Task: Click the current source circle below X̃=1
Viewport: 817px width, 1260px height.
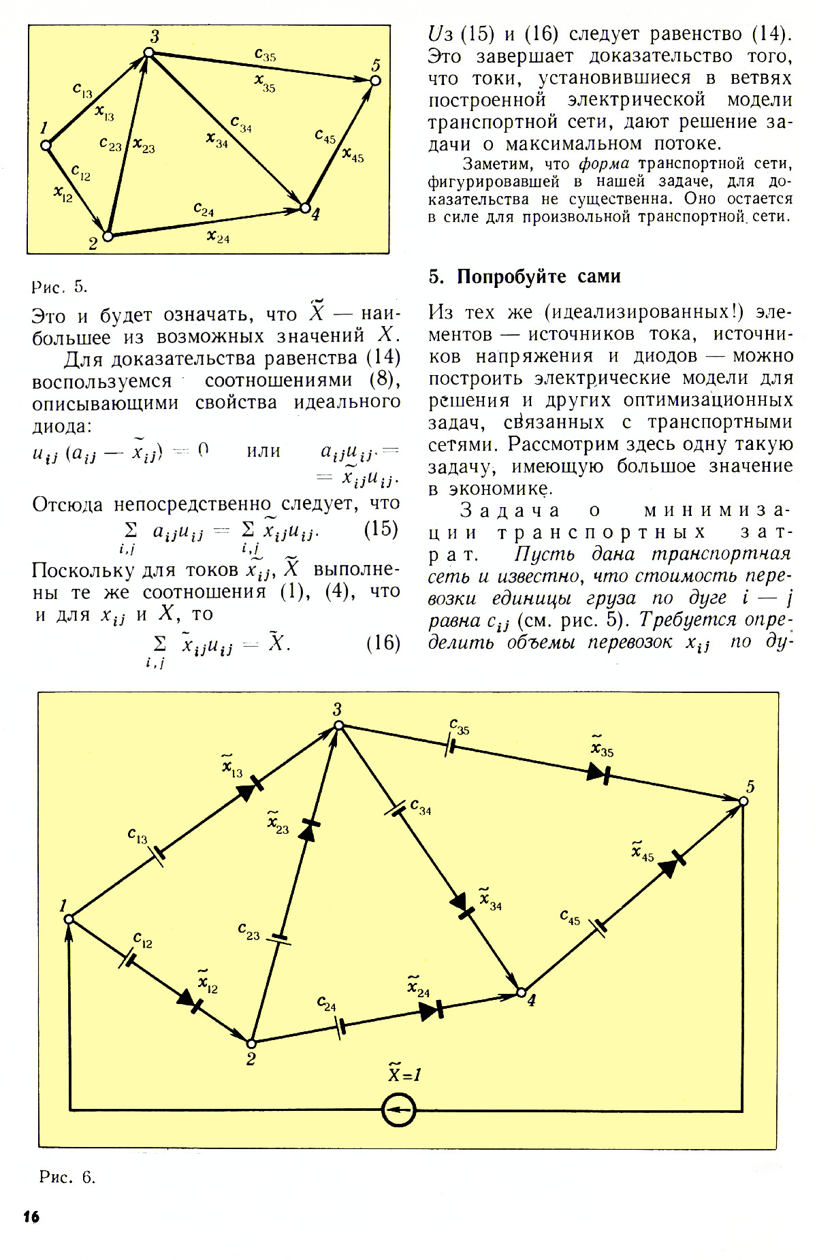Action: tap(398, 1110)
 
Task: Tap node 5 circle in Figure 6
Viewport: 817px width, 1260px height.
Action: tap(743, 802)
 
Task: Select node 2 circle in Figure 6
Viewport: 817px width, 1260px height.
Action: tap(251, 1044)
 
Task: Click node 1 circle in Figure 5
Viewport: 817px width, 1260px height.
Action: tap(46, 145)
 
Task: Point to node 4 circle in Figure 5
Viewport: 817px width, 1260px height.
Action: tap(305, 208)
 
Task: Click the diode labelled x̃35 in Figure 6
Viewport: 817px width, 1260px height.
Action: tap(598, 773)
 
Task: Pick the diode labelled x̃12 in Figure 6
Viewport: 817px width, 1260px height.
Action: tap(190, 1001)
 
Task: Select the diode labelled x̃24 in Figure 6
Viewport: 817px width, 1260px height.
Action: tap(432, 1011)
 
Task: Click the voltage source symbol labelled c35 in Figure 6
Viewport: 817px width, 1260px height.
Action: tap(450, 745)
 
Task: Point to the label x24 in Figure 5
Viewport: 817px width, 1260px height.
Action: tap(219, 238)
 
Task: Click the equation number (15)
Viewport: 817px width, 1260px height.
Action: tap(382, 530)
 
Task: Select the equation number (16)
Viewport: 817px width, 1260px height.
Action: tap(383, 643)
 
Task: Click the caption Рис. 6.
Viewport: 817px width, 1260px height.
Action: tap(67, 1178)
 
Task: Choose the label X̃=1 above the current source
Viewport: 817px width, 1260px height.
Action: tap(404, 1073)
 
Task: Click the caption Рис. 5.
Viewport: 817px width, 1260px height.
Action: tap(60, 286)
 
